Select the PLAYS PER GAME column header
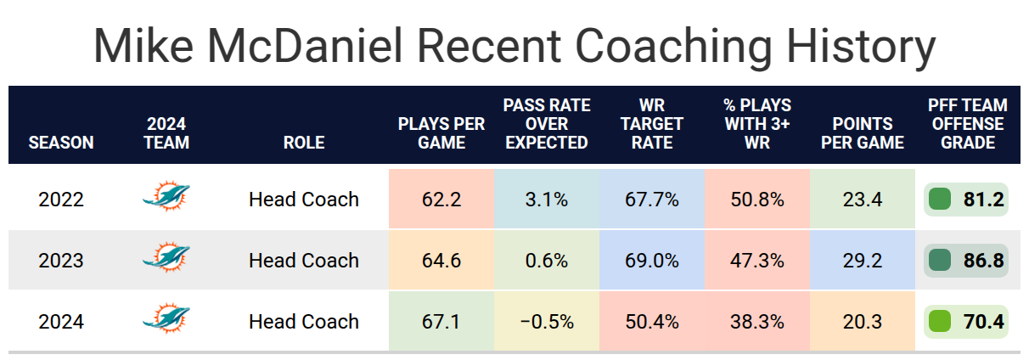pyautogui.click(x=441, y=133)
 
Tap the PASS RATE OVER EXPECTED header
pyautogui.click(x=547, y=124)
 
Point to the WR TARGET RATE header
pyautogui.click(x=652, y=124)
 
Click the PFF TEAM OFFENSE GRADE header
pyautogui.click(x=967, y=124)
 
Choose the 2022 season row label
pyautogui.click(x=61, y=200)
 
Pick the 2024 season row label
pyautogui.click(x=61, y=322)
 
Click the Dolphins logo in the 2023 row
pyautogui.click(x=166, y=257)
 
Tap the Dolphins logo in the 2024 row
pyautogui.click(x=166, y=318)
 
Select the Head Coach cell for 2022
pyautogui.click(x=304, y=200)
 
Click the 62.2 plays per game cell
pyautogui.click(x=441, y=199)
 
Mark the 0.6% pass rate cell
pyautogui.click(x=547, y=260)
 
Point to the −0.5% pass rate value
pyautogui.click(x=547, y=322)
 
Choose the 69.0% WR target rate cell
pyautogui.click(x=652, y=260)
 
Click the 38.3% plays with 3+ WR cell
pyautogui.click(x=757, y=321)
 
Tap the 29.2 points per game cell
pyautogui.click(x=863, y=260)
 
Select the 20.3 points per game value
pyautogui.click(x=863, y=322)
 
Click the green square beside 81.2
pyautogui.click(x=940, y=200)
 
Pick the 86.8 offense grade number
pyautogui.click(x=983, y=261)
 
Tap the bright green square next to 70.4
pyautogui.click(x=940, y=322)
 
